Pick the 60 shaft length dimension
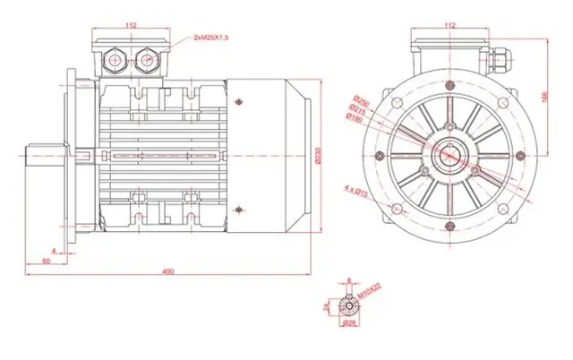point(46,261)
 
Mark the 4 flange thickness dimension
point(55,250)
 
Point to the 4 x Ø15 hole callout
point(358,189)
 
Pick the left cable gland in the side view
point(116,60)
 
